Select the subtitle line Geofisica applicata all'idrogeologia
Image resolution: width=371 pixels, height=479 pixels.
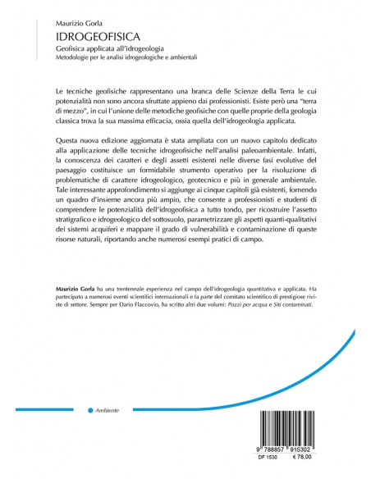point(111,51)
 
